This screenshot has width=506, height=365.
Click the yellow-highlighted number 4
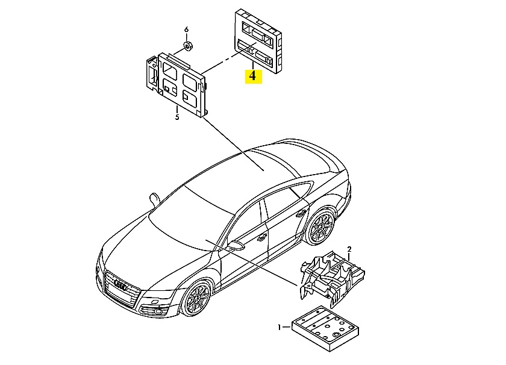pyautogui.click(x=253, y=76)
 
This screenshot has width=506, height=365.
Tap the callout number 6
pyautogui.click(x=186, y=30)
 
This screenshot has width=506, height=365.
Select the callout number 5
pyautogui.click(x=177, y=117)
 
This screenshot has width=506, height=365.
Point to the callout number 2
pyautogui.click(x=349, y=249)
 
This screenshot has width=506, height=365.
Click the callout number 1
pyautogui.click(x=280, y=328)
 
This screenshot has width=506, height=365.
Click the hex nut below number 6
pyautogui.click(x=187, y=46)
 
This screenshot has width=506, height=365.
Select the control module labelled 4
pyautogui.click(x=258, y=42)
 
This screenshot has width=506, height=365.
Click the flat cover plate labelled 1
pyautogui.click(x=325, y=328)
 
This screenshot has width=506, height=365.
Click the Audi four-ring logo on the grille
pyautogui.click(x=121, y=285)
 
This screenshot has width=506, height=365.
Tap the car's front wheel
pyautogui.click(x=196, y=299)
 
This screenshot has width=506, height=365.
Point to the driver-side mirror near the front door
pyautogui.click(x=236, y=245)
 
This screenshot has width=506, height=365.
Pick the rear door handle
pyautogui.click(x=301, y=213)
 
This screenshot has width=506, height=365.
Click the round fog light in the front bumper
pyautogui.click(x=159, y=311)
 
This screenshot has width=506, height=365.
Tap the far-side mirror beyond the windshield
pyautogui.click(x=155, y=199)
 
